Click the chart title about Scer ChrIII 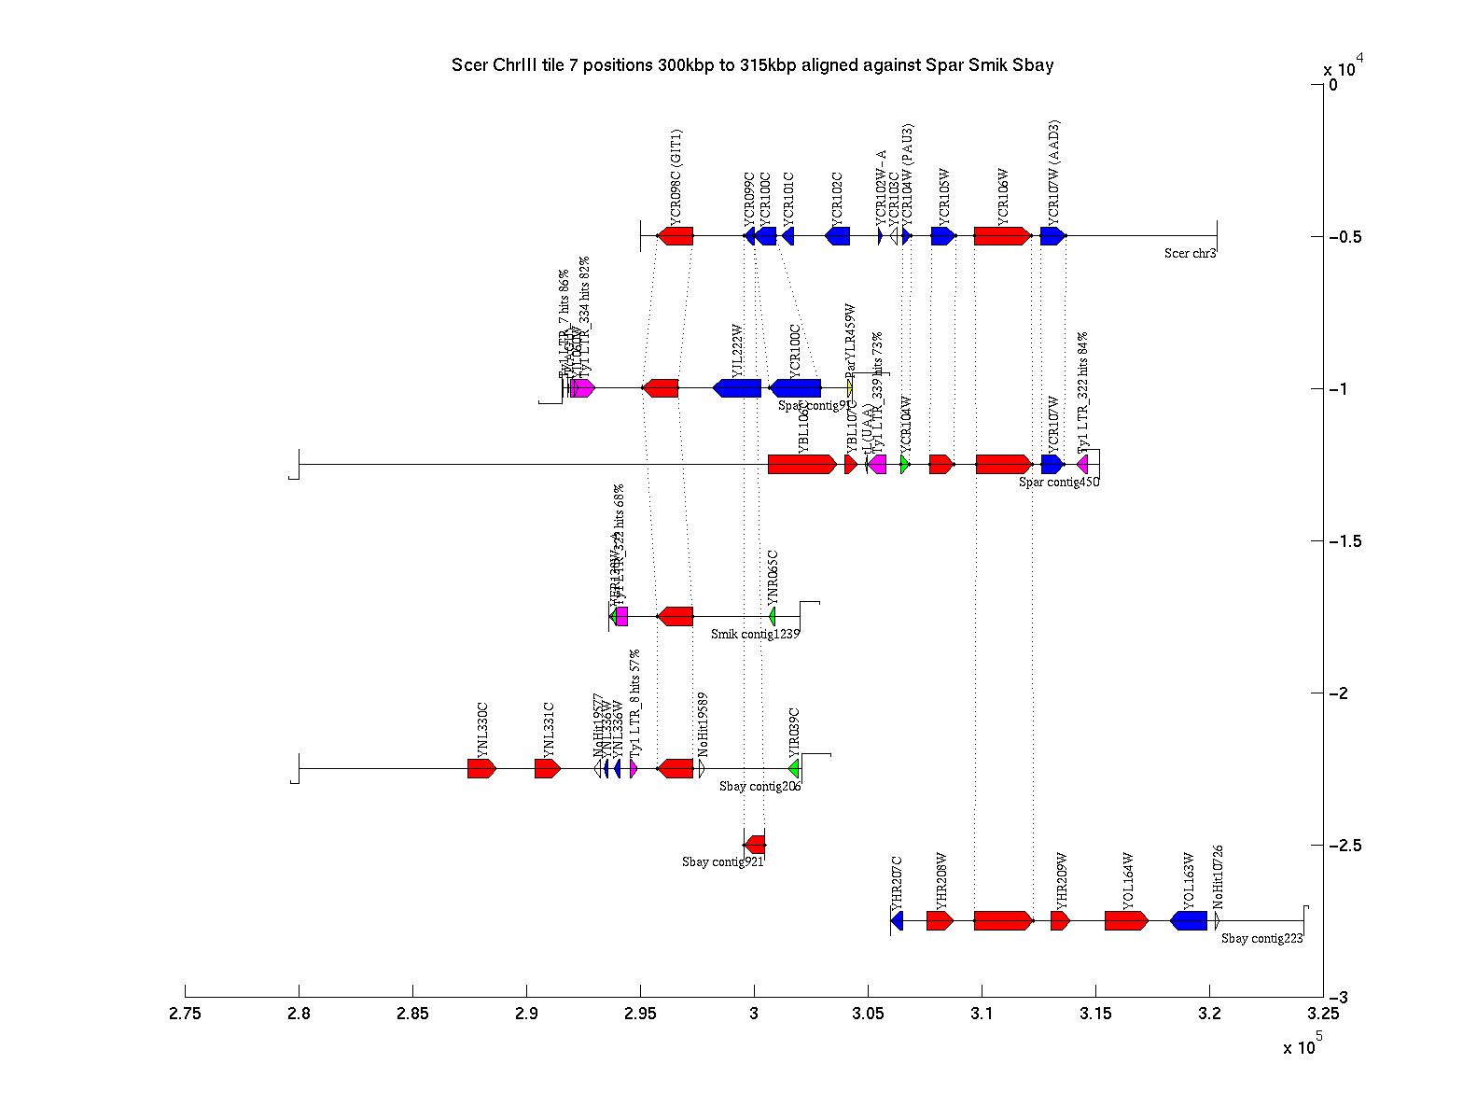pyautogui.click(x=752, y=64)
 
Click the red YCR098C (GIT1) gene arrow pyautogui.click(x=676, y=236)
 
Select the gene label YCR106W pyautogui.click(x=1003, y=196)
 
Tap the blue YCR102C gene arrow pyautogui.click(x=838, y=236)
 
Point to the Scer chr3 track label pyautogui.click(x=1190, y=253)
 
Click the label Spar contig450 pyautogui.click(x=1059, y=483)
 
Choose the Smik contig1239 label pyautogui.click(x=755, y=634)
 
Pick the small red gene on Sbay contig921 pyautogui.click(x=756, y=845)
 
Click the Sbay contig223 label pyautogui.click(x=1261, y=938)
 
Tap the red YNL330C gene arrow pyautogui.click(x=481, y=768)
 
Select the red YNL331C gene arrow pyautogui.click(x=547, y=768)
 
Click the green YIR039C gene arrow pyautogui.click(x=794, y=768)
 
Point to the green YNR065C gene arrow pyautogui.click(x=773, y=616)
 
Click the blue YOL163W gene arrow pyautogui.click(x=1190, y=921)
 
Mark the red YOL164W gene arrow pyautogui.click(x=1126, y=921)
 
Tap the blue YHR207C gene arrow pyautogui.click(x=898, y=921)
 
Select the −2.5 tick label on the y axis pyautogui.click(x=1348, y=846)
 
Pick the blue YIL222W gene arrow pyautogui.click(x=737, y=388)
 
